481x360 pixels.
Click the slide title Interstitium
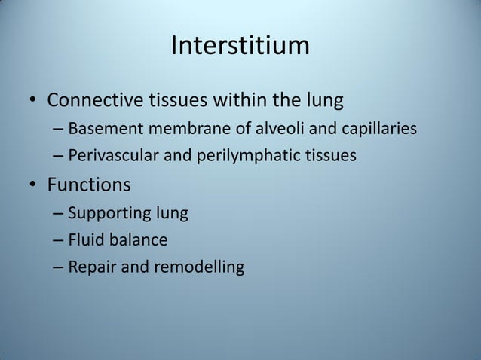(240, 46)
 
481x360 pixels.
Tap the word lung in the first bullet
(328, 99)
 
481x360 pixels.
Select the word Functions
(89, 185)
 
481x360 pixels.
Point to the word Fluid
(84, 240)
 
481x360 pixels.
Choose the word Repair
(89, 267)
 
